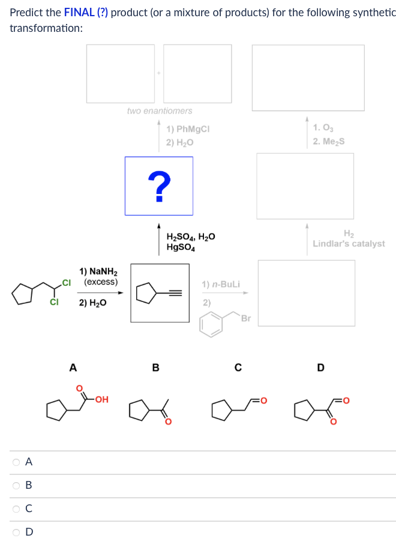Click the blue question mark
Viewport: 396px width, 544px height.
point(159,186)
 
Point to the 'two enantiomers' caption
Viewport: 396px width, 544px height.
point(160,111)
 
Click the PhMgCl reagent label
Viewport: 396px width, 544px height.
point(188,129)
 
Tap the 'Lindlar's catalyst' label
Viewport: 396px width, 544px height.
point(349,244)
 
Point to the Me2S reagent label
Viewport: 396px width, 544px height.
point(329,142)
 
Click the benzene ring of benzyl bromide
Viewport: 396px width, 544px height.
point(211,324)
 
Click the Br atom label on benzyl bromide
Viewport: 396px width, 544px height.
point(245,319)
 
